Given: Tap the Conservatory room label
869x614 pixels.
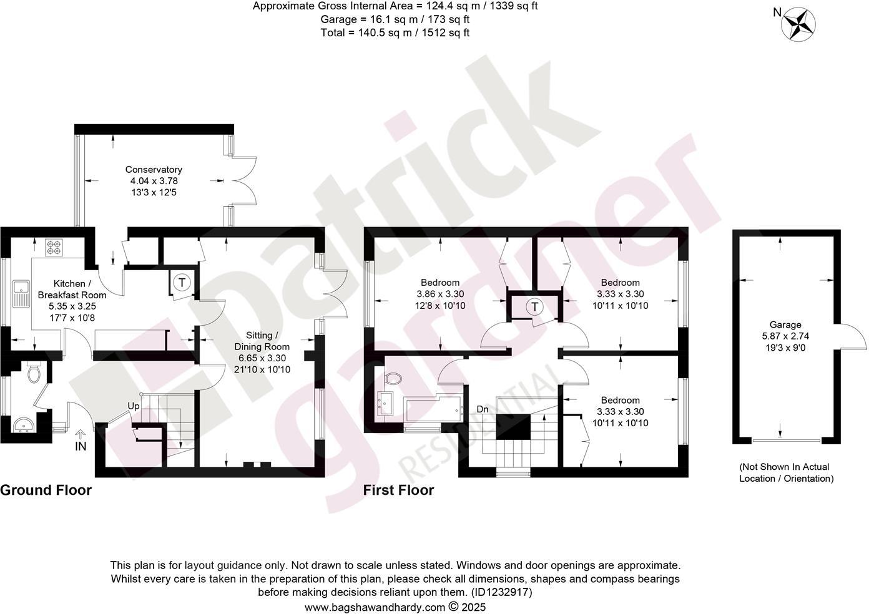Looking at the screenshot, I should pyautogui.click(x=154, y=170).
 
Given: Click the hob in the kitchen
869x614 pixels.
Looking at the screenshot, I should pyautogui.click(x=54, y=247).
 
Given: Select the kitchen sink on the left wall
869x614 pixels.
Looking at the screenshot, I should pyautogui.click(x=22, y=293).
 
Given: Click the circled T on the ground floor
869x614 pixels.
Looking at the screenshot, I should pyautogui.click(x=182, y=283).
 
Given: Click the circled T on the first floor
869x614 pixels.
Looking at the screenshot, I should pyautogui.click(x=534, y=307).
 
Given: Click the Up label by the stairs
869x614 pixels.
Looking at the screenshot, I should pyautogui.click(x=134, y=406).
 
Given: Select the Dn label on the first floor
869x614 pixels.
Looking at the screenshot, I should pyautogui.click(x=483, y=409).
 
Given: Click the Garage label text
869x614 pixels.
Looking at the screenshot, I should pyautogui.click(x=785, y=324).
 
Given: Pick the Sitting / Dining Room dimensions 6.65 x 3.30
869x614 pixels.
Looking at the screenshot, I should pyautogui.click(x=262, y=358).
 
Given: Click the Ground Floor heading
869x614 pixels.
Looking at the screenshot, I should pyautogui.click(x=46, y=490).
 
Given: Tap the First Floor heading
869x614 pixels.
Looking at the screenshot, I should pyautogui.click(x=398, y=490).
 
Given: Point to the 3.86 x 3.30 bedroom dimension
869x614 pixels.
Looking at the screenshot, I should pyautogui.click(x=440, y=294).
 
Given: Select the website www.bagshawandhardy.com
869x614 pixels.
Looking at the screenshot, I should pyautogui.click(x=375, y=607).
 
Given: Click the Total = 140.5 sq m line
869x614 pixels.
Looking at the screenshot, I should pyautogui.click(x=395, y=33).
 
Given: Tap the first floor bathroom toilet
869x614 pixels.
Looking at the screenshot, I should pyautogui.click(x=394, y=378).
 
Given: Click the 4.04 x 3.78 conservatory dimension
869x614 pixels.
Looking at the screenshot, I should pyautogui.click(x=154, y=181).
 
